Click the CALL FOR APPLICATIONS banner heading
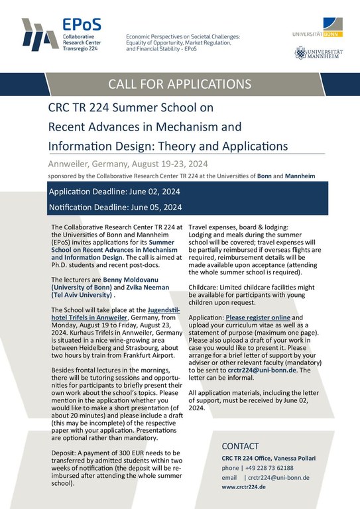click(180, 84)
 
